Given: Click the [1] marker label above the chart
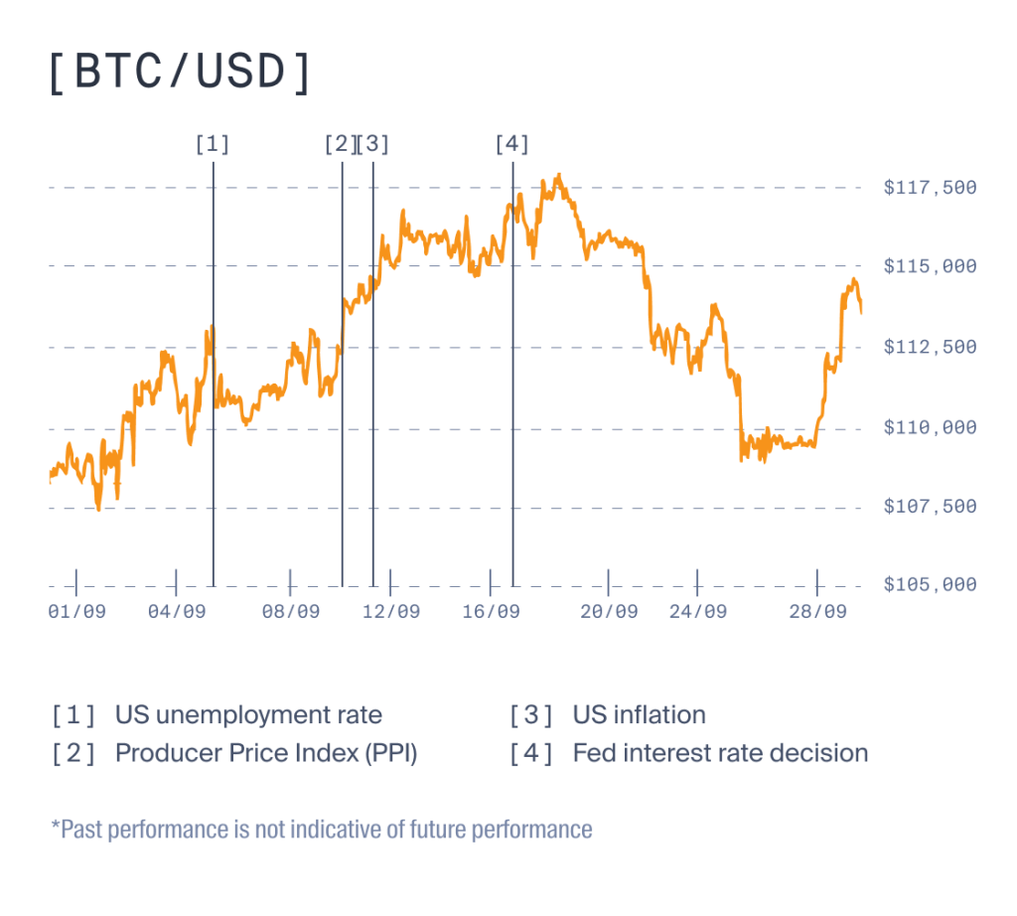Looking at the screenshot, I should coord(213,144).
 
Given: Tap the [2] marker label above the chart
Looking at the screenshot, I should coord(339,144).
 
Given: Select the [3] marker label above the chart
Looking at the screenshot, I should coord(373,144).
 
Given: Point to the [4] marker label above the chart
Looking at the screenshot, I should coord(512,144).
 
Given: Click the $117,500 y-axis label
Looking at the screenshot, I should coord(930,188).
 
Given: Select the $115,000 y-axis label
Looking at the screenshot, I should coord(930,266).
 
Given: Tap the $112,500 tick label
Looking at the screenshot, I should coord(930,347).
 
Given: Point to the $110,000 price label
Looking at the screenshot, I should coord(930,427).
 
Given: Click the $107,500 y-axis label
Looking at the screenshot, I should coord(930,507).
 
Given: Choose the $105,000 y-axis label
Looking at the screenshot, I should coord(930,584).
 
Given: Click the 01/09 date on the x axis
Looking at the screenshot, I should coord(76,612).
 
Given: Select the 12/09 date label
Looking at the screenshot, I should coord(390,612).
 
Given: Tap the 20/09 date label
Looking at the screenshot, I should coord(609,612).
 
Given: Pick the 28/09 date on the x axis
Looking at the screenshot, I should coord(817,612).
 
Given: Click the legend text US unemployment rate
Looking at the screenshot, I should coord(248,714).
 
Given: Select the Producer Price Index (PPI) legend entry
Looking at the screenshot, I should coord(266,753).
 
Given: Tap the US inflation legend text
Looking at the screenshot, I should coord(639,714).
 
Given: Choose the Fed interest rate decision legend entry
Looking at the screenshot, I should coord(720,753).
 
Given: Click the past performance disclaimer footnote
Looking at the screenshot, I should coord(321,829).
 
